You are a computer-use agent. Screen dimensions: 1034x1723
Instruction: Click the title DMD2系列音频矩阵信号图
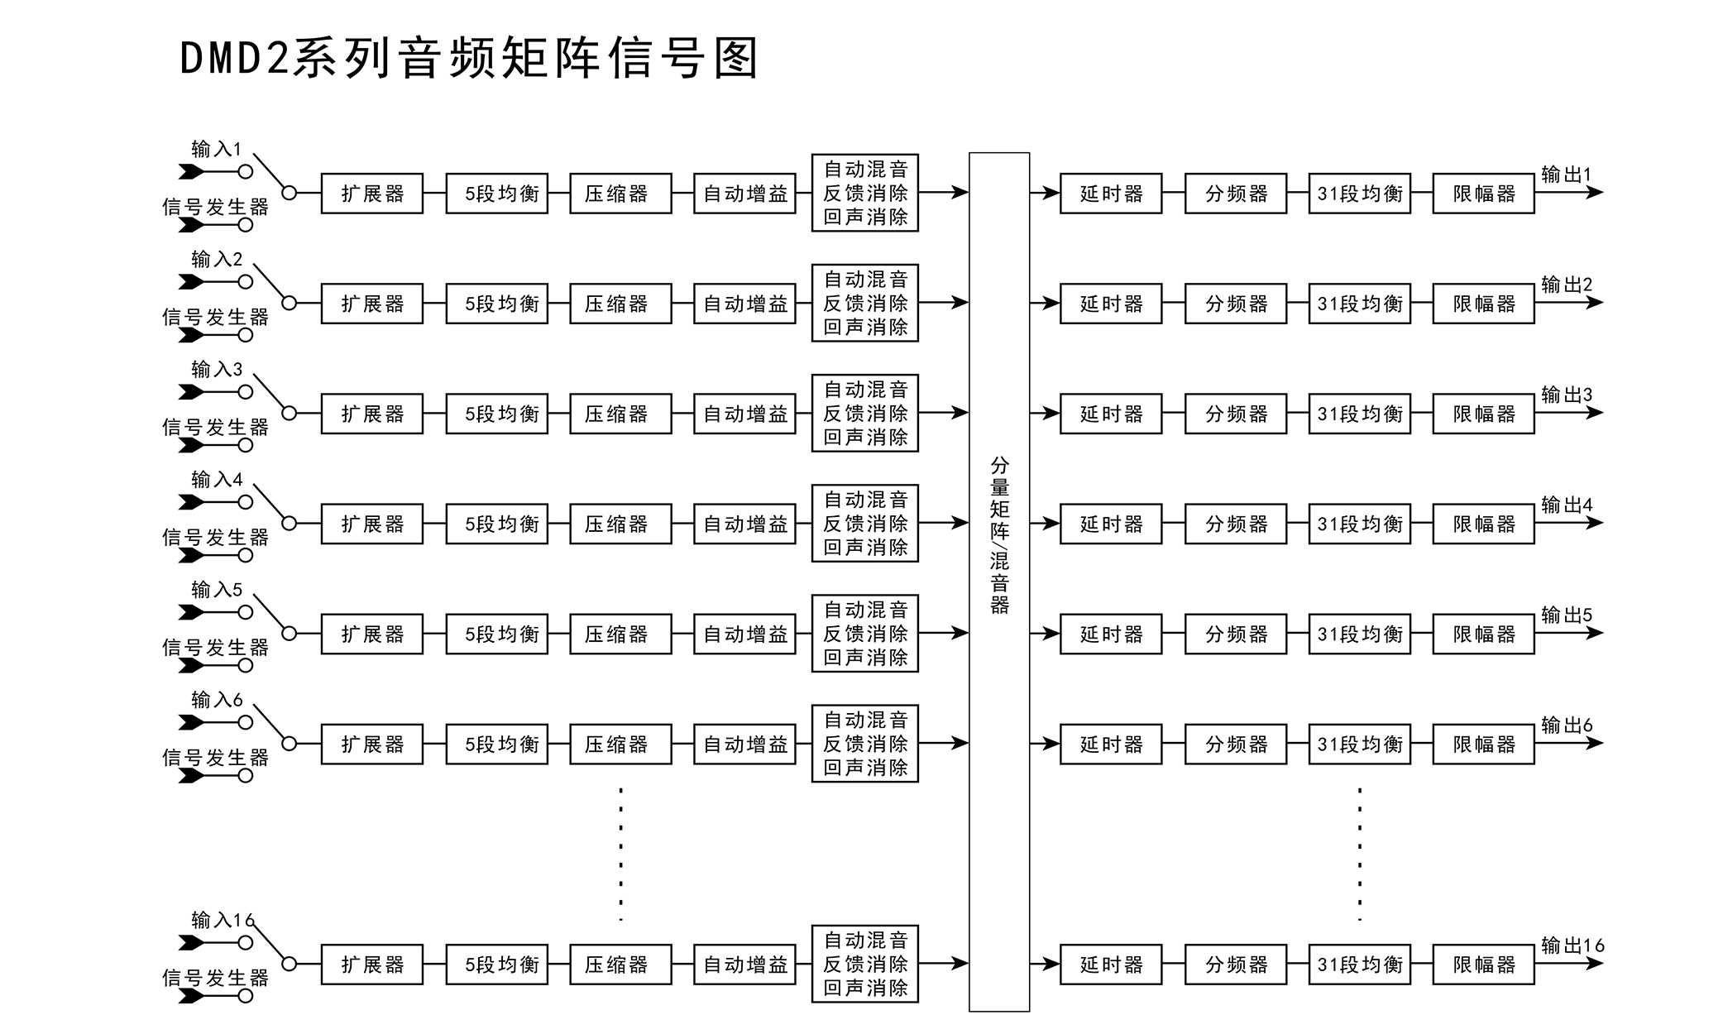[468, 59]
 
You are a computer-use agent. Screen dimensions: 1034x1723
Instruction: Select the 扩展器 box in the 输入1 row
[371, 194]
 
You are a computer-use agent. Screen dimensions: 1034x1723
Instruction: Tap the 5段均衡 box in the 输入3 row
[496, 414]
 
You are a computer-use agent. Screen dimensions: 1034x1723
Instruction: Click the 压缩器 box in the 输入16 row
[620, 965]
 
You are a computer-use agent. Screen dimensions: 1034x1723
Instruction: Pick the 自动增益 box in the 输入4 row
[744, 524]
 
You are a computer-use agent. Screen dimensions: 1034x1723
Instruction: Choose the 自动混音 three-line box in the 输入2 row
[865, 303]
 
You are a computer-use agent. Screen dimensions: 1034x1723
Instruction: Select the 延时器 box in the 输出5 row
[1111, 634]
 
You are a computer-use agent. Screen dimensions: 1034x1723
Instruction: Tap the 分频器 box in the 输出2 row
[1236, 304]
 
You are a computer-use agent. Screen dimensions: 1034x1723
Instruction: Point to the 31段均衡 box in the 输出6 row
[1360, 744]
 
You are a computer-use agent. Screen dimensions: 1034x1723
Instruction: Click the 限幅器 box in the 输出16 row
[1484, 965]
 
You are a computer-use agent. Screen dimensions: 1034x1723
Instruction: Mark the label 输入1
[216, 149]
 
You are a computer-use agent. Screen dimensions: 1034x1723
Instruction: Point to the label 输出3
[1566, 395]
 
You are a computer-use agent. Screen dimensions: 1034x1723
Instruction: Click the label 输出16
[1572, 945]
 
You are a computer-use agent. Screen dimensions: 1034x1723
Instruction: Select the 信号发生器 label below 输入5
[215, 647]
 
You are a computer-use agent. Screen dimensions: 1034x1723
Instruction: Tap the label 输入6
[216, 700]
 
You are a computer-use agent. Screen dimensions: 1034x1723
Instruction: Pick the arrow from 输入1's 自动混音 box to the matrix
[943, 193]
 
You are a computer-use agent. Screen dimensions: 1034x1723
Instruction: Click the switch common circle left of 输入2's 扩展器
[289, 303]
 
